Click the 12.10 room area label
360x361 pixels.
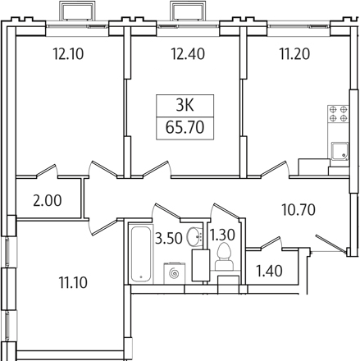pos(68,54)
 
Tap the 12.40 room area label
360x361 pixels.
pos(188,54)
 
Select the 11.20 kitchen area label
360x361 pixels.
pos(294,54)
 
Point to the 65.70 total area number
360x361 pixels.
pos(185,128)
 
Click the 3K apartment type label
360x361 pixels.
pos(185,105)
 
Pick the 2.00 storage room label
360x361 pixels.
pos(48,200)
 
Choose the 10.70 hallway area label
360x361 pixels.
pos(298,210)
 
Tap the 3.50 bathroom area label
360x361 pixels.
pos(169,238)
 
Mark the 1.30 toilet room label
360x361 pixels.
pos(222,235)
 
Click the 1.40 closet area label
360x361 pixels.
pos(269,271)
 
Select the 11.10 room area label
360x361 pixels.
pos(73,282)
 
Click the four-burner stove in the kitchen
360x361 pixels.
pos(338,114)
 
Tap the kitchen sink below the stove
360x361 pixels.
pos(339,151)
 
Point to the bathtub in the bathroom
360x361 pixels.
pos(141,253)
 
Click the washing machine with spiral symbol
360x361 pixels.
pos(175,273)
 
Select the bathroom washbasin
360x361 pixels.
pos(194,236)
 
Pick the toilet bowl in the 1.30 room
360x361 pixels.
pos(224,258)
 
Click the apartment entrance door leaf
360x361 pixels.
pos(330,243)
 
